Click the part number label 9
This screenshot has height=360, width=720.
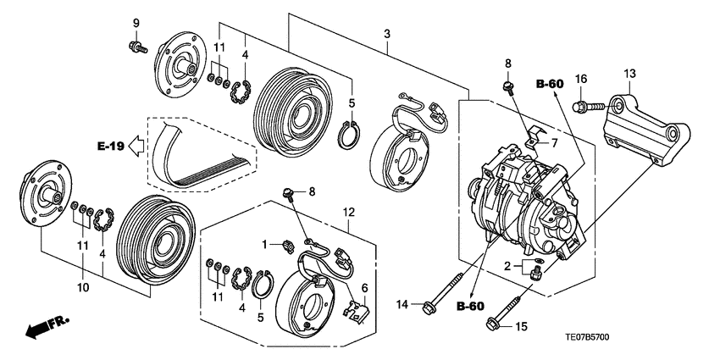tap(136, 24)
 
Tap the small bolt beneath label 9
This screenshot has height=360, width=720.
tap(138, 47)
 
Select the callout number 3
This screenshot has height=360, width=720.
tap(387, 34)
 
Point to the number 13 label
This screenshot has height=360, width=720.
tap(629, 73)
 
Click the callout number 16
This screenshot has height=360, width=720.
tap(581, 79)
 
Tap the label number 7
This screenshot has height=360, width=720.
tap(554, 143)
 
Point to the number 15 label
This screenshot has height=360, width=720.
tap(522, 327)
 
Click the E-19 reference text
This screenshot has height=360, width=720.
tap(111, 147)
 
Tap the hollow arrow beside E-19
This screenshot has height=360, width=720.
tap(136, 146)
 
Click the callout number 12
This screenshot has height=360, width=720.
tap(349, 212)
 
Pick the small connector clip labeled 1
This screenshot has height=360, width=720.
tap(287, 246)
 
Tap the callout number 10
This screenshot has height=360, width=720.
tap(84, 287)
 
